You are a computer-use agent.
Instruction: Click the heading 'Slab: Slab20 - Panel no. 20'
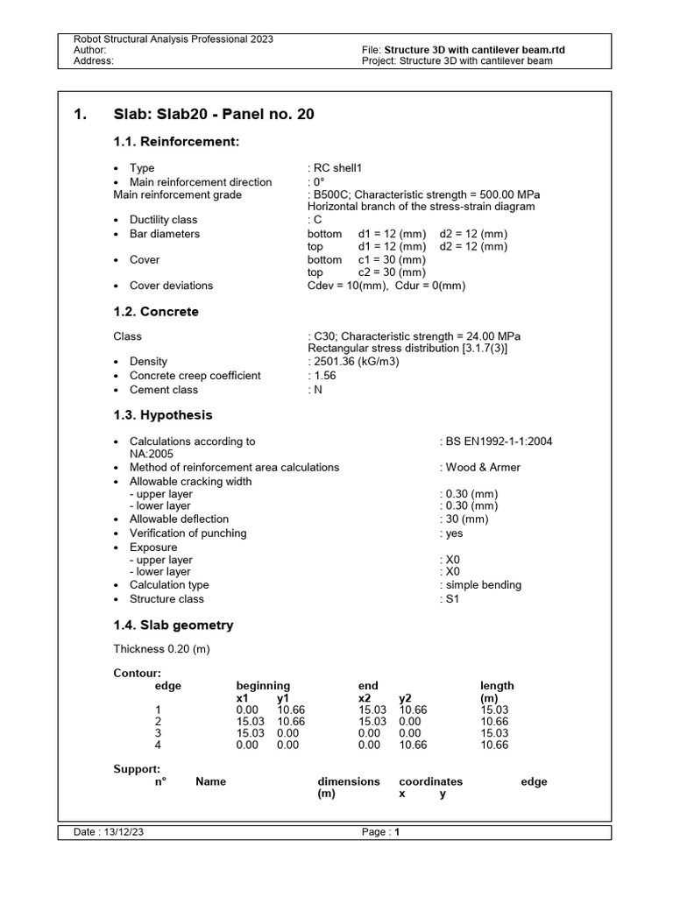click(x=214, y=115)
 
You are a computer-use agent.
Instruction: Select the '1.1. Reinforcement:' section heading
click(x=176, y=142)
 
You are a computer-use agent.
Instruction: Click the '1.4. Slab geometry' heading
click(x=174, y=625)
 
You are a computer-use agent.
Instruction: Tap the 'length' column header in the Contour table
click(x=497, y=686)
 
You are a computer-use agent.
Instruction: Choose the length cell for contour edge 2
click(x=493, y=721)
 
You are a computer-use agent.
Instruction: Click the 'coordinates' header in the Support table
click(x=430, y=781)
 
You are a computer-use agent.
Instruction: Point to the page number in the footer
click(x=396, y=833)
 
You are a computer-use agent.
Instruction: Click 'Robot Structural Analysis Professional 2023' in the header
click(x=174, y=39)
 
